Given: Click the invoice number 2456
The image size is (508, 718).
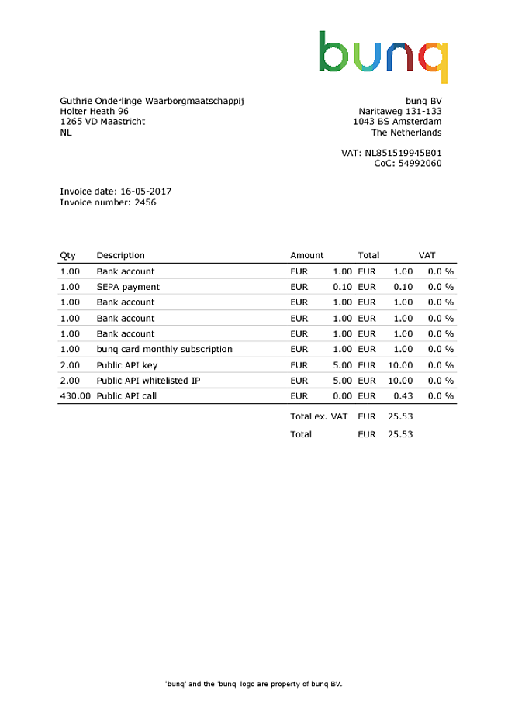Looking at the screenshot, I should click(145, 202).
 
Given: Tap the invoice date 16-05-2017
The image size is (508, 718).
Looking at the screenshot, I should click(144, 191).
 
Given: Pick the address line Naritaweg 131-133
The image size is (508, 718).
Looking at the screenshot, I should click(400, 111).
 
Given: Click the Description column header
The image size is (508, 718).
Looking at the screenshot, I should click(120, 255).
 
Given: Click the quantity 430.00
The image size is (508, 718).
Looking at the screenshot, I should click(75, 395).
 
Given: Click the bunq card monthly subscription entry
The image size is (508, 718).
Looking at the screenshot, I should click(164, 349).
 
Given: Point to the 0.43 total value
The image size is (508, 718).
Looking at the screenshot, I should click(403, 395).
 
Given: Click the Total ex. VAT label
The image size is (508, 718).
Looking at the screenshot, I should click(319, 416).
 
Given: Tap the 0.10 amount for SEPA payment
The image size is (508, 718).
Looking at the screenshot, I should click(343, 287).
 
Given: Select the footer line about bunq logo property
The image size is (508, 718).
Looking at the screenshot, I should click(254, 684).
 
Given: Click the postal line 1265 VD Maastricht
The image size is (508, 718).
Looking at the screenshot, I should click(102, 122).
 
